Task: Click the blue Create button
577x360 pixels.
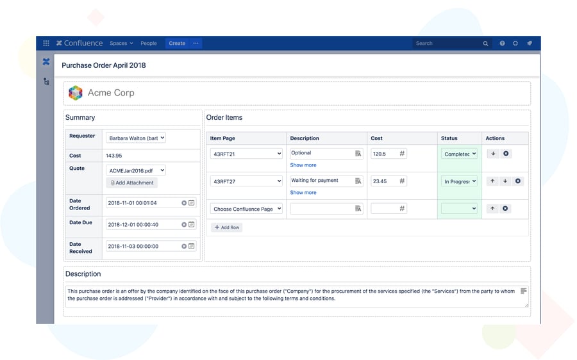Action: coord(177,44)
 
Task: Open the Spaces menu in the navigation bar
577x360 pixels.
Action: coord(121,44)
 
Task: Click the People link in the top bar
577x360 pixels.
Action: coord(149,44)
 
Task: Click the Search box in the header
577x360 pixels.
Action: coord(449,44)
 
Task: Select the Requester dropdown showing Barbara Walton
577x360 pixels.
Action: coord(136,138)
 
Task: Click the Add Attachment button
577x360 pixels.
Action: coord(132,183)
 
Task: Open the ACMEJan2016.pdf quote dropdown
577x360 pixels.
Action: coord(136,170)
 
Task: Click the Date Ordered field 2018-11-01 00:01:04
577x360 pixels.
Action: coord(142,203)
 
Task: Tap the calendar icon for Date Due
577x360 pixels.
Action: coord(192,225)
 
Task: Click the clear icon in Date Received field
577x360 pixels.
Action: coord(184,246)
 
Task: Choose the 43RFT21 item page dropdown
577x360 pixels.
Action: coord(246,154)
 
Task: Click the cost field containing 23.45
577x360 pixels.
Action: coord(384,181)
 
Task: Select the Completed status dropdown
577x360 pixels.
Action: coord(459,154)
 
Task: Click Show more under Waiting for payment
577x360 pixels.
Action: coord(303,192)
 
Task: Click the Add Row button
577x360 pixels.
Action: coord(227,227)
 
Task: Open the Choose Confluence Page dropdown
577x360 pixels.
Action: coord(246,209)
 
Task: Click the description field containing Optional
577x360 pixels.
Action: coord(321,154)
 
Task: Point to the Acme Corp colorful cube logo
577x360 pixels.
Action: coord(76,93)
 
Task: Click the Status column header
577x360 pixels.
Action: coord(449,138)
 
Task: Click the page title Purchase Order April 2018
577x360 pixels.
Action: coord(104,65)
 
